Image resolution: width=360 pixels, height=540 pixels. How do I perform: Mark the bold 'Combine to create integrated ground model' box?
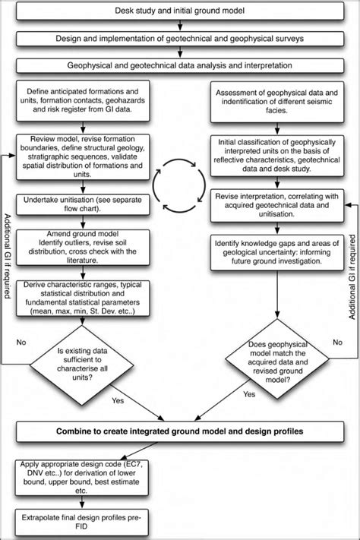tap(179, 432)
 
